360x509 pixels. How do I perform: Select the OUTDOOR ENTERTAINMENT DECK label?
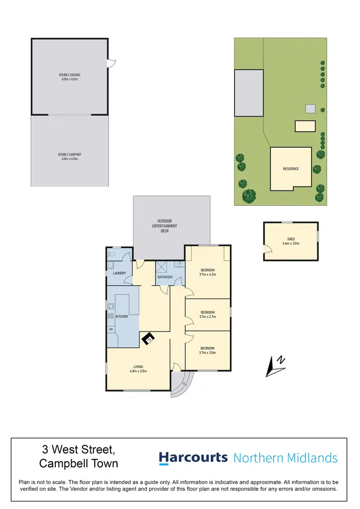coord(165,226)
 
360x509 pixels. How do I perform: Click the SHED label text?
coord(291,241)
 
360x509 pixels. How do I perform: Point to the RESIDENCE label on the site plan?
coord(290,169)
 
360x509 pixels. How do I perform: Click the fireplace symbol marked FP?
coord(149,339)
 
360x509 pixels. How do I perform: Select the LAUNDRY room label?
coord(119,273)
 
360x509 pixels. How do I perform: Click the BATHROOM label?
coord(165,277)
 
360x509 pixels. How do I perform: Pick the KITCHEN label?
coord(121,317)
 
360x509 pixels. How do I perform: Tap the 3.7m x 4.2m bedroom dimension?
coord(208,274)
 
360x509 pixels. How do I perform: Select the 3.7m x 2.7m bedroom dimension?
coord(208,317)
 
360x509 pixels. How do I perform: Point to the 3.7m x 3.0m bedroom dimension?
coord(208,353)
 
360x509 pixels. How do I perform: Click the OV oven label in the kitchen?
coord(111,329)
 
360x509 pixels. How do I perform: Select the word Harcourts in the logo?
coord(193,458)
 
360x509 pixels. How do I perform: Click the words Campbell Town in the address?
coord(78,464)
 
